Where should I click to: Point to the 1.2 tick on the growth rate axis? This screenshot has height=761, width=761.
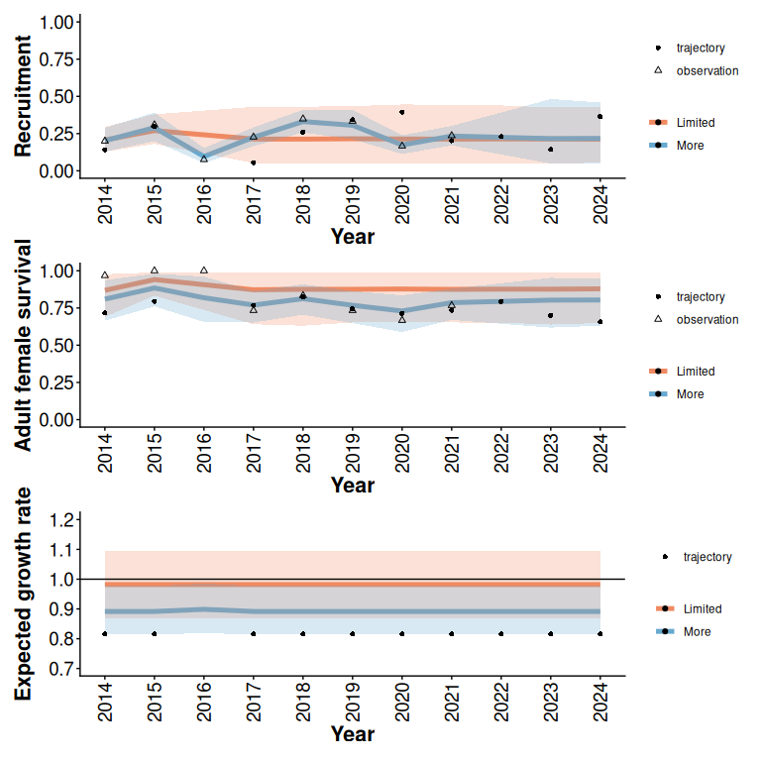[62, 519]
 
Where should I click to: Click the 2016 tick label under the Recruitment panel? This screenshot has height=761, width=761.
[204, 203]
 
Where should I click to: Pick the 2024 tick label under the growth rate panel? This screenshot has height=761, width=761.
[600, 702]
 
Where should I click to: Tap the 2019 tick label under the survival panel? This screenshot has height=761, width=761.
[353, 452]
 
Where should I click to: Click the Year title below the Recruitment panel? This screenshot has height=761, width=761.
[352, 237]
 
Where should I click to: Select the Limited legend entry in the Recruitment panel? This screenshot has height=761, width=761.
[695, 123]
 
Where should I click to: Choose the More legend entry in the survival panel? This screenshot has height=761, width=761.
[690, 394]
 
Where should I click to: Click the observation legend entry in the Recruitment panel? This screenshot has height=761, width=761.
[707, 70]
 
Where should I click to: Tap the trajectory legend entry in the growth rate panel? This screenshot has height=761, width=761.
[707, 557]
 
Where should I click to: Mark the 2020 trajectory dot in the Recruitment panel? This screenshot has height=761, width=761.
[402, 112]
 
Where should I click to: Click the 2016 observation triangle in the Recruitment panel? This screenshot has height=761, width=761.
[204, 159]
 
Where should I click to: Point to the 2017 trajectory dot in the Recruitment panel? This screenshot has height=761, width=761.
[254, 163]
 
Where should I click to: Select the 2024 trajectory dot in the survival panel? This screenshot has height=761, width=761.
[600, 322]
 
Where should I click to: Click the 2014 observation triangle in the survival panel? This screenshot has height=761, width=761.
[105, 274]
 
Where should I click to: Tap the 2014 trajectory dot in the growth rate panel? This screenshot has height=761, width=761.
[105, 633]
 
